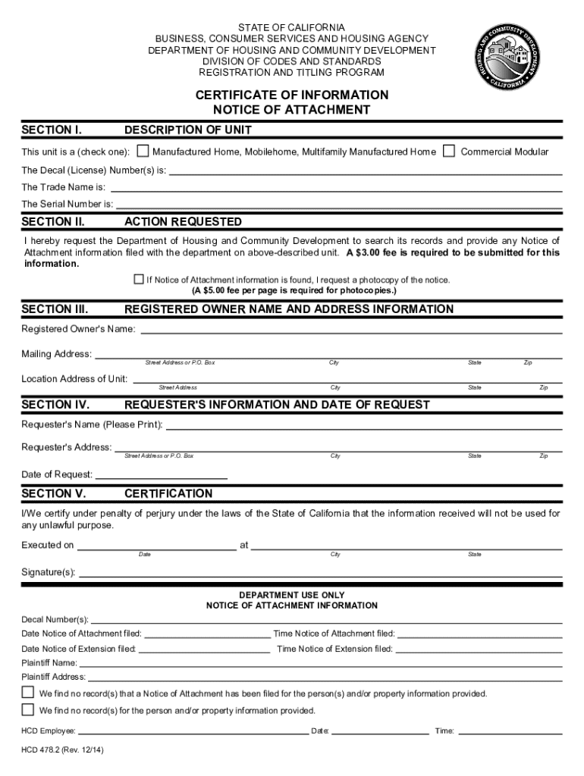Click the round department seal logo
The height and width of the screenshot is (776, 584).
click(x=508, y=55)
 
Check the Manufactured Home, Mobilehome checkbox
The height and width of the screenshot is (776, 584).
click(x=143, y=151)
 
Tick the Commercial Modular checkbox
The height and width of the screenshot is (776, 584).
click(x=449, y=151)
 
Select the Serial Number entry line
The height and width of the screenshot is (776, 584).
click(x=338, y=204)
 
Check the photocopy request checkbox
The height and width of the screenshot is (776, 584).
click(x=139, y=280)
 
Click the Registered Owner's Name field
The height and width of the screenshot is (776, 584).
click(x=350, y=329)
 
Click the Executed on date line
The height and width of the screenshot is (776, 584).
click(x=156, y=546)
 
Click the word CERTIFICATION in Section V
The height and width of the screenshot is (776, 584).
click(x=168, y=494)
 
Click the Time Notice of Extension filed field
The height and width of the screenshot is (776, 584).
click(x=479, y=649)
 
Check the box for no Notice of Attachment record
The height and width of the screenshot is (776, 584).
click(x=28, y=693)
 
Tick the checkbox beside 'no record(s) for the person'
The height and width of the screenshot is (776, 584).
click(x=28, y=710)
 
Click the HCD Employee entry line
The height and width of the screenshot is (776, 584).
click(x=193, y=731)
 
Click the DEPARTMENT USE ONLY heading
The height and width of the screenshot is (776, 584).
click(x=292, y=595)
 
